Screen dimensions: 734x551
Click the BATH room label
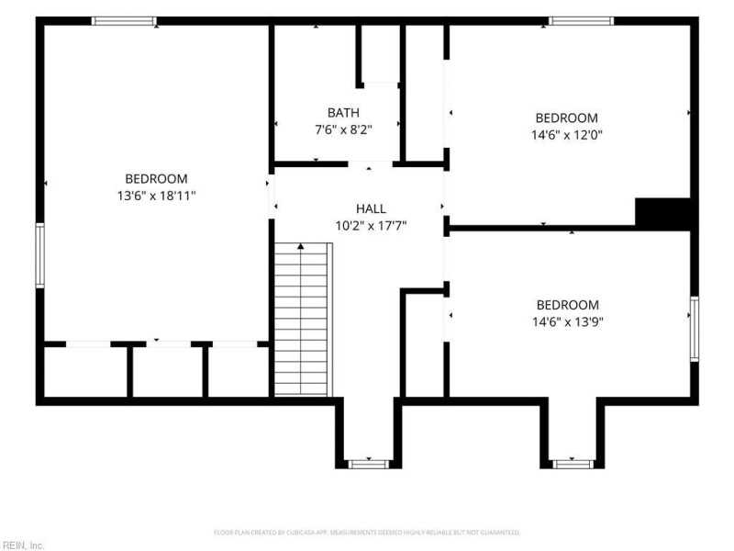pos(343,113)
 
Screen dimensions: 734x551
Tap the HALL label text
pos(371,209)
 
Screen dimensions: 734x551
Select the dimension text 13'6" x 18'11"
pos(156,196)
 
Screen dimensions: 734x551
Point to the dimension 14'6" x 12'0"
pos(566,135)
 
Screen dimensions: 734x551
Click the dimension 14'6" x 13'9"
pos(567,322)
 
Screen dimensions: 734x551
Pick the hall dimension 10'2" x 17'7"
pos(371,226)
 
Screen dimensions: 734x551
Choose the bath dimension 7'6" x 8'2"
pos(343,129)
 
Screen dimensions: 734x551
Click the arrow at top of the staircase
pos(301,246)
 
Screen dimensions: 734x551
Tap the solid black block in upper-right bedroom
pos(662,214)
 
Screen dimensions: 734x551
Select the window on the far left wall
pos(40,255)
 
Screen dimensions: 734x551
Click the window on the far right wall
pos(695,329)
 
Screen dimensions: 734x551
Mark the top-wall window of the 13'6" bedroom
pos(124,21)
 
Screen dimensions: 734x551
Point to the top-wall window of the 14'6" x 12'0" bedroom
pos(581,21)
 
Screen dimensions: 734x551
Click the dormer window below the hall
pos(369,465)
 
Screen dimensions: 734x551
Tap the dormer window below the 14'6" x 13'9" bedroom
pos(573,465)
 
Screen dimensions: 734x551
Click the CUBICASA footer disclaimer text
pos(367,533)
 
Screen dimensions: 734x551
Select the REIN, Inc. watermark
pos(22,545)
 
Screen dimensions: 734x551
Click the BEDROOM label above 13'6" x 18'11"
pos(156,179)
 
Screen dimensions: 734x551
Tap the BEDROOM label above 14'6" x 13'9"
pos(567,306)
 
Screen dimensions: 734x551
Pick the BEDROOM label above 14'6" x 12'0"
pos(566,118)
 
